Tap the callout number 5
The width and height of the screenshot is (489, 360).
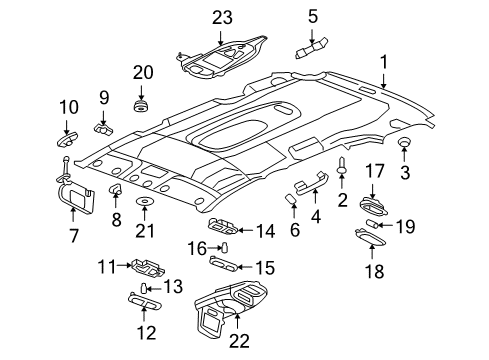click(313, 15)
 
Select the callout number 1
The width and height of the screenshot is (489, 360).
click(380, 62)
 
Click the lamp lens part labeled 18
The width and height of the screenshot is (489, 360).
click(373, 235)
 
